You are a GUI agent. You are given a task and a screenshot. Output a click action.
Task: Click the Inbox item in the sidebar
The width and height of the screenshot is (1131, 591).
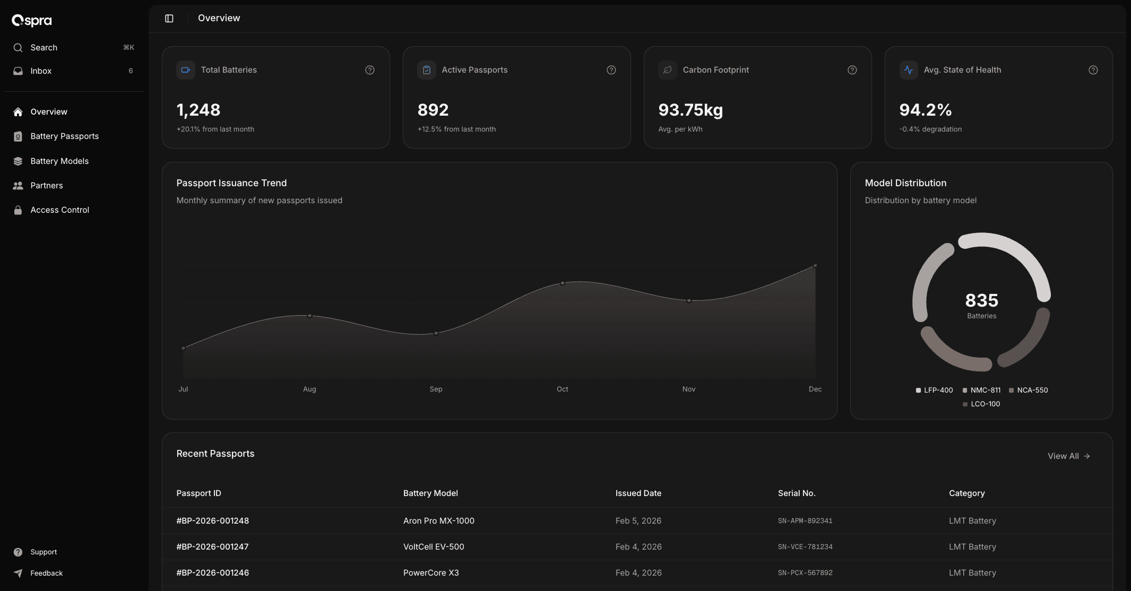coord(41,71)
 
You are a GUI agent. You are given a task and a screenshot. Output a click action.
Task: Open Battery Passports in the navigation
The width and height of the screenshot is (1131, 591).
coord(64,136)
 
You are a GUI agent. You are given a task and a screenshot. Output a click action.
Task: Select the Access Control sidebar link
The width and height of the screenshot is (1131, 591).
coord(59,210)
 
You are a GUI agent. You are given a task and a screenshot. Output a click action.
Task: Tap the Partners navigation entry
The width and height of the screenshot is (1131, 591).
coord(46,186)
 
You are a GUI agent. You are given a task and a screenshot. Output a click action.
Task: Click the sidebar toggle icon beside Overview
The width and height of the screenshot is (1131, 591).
coord(169,19)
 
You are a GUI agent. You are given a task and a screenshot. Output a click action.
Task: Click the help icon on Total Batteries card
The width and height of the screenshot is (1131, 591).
coord(370,70)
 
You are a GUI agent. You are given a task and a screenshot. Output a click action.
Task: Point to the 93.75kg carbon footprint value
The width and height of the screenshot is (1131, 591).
coord(690,110)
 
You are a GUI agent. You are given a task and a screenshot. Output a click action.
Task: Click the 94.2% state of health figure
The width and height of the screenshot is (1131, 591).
coord(925,110)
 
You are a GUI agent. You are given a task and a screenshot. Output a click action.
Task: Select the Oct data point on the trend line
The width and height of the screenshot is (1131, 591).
coord(563,283)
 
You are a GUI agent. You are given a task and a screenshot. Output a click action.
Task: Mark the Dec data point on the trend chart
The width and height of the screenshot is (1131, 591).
coord(815,265)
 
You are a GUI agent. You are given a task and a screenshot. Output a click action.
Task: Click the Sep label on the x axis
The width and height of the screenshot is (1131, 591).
coord(436,389)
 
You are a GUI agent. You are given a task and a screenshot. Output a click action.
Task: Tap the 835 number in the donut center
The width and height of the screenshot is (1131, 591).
coord(981,300)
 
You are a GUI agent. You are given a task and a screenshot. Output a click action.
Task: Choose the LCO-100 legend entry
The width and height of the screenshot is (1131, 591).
coord(985,404)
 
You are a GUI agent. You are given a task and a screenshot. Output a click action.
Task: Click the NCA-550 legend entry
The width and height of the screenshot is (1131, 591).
coord(1032,390)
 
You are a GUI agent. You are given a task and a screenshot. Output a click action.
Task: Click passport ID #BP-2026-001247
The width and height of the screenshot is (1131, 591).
coord(212,547)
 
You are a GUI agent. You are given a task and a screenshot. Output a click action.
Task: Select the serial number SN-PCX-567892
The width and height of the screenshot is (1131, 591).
coord(805,573)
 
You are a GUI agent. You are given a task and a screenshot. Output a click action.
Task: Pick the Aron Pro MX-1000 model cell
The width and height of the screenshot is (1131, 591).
coord(438,521)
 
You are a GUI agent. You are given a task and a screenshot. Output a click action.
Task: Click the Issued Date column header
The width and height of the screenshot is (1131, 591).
coord(638,493)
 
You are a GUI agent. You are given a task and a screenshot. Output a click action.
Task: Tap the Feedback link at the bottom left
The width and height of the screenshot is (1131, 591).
coord(46,573)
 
